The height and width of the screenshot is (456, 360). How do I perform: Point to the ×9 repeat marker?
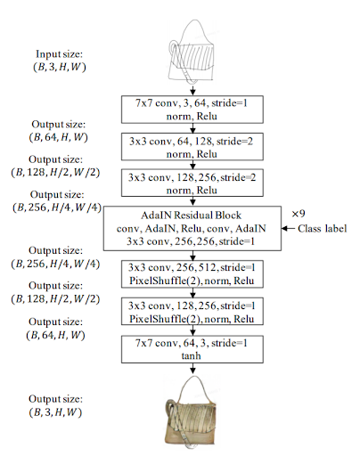299,214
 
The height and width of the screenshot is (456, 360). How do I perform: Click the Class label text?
323,229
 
